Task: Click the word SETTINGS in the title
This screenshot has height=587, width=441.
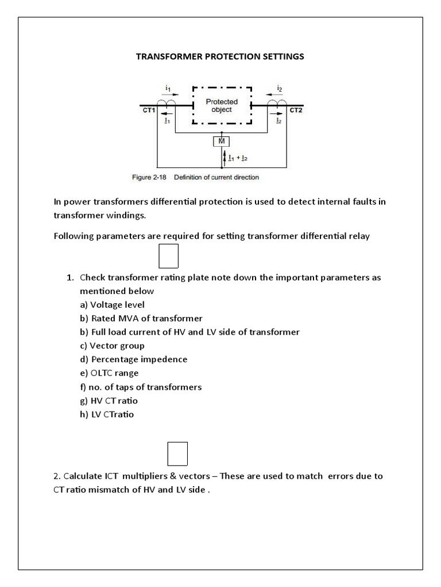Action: click(281, 57)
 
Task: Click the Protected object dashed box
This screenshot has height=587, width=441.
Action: click(222, 105)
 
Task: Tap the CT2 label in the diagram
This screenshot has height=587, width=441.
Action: click(296, 109)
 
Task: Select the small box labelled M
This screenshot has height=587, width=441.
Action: click(222, 141)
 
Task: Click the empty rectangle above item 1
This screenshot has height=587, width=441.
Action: click(168, 256)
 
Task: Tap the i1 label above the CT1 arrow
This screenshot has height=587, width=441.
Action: click(168, 88)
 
